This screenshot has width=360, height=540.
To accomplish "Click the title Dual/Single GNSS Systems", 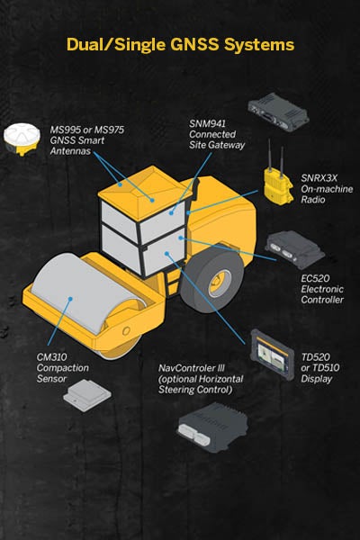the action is pyautogui.click(x=180, y=45).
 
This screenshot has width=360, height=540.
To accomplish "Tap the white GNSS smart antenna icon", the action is pyautogui.click(x=22, y=139).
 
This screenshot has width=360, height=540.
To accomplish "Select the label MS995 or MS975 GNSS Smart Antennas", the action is pyautogui.click(x=86, y=140).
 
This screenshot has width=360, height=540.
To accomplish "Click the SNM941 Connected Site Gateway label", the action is pyautogui.click(x=217, y=134).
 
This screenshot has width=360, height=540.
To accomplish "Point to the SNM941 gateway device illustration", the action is pyautogui.click(x=278, y=112).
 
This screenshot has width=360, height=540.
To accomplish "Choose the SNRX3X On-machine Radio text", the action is pyautogui.click(x=327, y=189).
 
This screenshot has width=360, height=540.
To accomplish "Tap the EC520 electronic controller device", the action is pyautogui.click(x=294, y=248).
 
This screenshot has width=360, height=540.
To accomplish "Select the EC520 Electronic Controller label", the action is pyautogui.click(x=322, y=289).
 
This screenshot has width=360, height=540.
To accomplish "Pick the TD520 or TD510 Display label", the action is pyautogui.click(x=320, y=368).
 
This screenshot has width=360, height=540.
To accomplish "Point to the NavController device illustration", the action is pyautogui.click(x=212, y=427).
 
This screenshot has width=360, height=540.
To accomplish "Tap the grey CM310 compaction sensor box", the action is pyautogui.click(x=87, y=395).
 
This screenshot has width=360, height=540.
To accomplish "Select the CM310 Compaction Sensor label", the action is pyautogui.click(x=63, y=368).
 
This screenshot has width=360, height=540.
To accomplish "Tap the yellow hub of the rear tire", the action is pyautogui.click(x=219, y=283).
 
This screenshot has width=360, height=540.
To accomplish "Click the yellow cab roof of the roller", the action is pyautogui.click(x=145, y=193).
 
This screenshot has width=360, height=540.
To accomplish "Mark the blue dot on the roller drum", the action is pyautogui.click(x=70, y=299).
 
